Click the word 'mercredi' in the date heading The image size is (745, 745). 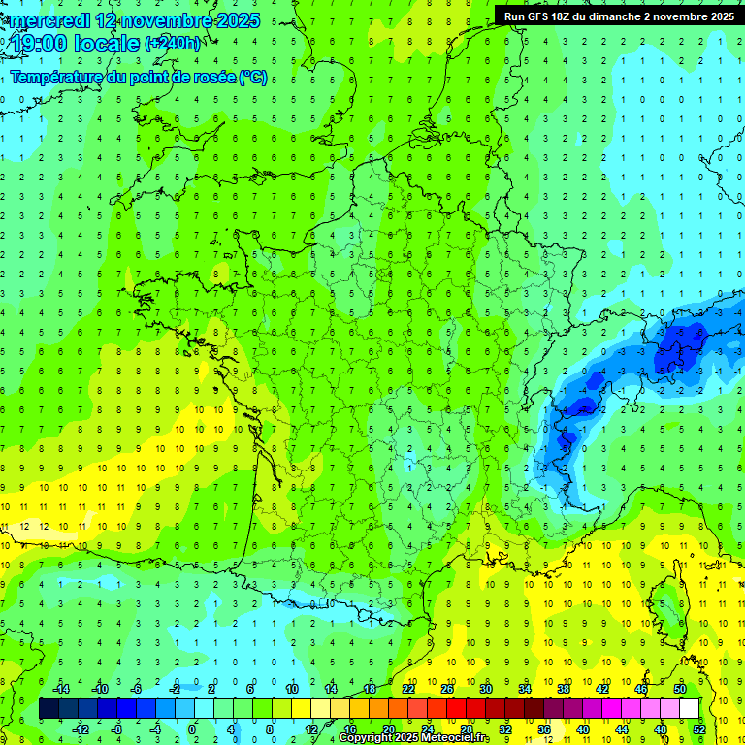[49, 20]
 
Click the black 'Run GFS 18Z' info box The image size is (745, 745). [617, 16]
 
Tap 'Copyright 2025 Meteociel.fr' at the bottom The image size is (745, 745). [413, 738]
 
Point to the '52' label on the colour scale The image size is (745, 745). [698, 729]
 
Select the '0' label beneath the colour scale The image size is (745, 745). [192, 729]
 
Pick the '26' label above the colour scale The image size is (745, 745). [447, 689]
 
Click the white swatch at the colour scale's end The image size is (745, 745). [689, 709]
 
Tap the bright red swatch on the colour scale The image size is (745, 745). [456, 709]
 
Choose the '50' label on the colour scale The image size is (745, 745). [680, 689]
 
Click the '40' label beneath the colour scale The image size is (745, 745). [582, 729]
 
